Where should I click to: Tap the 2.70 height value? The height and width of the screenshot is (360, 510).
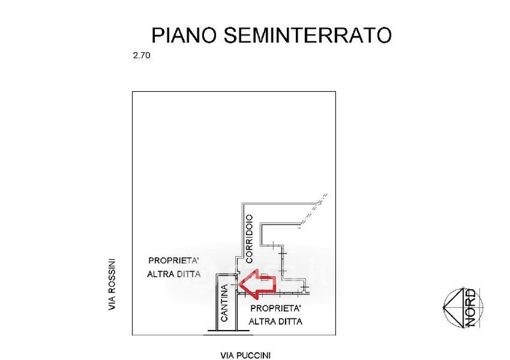(141, 56)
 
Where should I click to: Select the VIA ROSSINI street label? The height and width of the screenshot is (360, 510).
(112, 284)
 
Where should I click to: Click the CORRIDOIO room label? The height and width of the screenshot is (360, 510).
(249, 238)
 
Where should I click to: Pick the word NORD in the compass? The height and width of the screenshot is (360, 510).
(471, 308)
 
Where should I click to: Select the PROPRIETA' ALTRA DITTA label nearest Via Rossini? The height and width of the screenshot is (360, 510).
(174, 267)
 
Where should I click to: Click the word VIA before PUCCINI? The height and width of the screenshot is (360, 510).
(226, 355)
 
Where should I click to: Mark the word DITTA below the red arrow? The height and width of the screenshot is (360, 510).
(290, 322)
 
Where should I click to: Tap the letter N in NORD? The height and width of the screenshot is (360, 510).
(471, 320)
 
